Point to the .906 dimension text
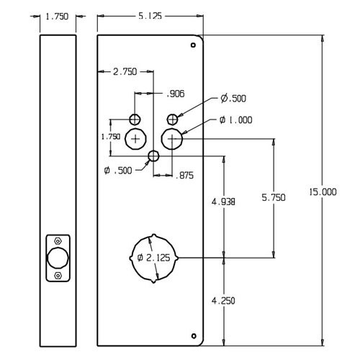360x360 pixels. pos(176,94)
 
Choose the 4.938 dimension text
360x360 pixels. pos(225,203)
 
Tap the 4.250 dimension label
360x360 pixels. pos(225,300)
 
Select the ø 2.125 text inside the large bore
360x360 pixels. pos(153,258)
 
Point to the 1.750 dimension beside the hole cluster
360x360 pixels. pos(110,136)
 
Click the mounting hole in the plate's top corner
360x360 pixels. pos(193,46)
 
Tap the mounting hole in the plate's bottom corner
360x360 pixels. pos(193,335)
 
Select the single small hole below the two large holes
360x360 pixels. pos(153,156)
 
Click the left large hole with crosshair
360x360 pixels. pos(135,138)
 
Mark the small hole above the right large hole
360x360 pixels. pos(171,119)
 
